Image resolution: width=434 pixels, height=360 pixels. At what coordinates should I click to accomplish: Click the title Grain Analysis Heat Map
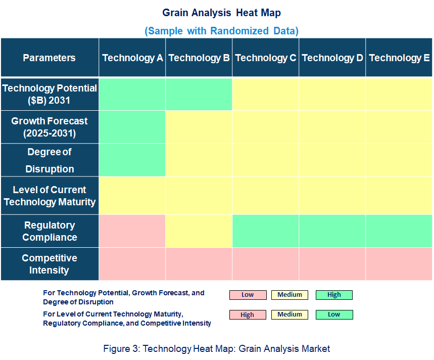pos(221,13)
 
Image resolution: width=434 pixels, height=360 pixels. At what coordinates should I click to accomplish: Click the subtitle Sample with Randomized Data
pos(221,31)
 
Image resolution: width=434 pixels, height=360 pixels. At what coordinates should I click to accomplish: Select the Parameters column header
pos(49,58)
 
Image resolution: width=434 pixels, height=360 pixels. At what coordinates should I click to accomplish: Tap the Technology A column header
pos(132,58)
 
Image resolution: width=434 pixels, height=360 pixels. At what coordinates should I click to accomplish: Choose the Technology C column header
pos(266,58)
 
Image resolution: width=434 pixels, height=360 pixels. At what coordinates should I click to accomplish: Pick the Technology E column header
pos(399,58)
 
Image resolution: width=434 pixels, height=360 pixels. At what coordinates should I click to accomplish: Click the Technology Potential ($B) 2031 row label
pos(49,94)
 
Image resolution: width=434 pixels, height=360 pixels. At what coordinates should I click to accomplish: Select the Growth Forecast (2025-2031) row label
pos(49,127)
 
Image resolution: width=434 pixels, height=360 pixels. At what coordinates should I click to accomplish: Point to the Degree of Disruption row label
pos(49,160)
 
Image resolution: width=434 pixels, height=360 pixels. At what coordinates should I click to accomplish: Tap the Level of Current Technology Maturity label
pos(49,196)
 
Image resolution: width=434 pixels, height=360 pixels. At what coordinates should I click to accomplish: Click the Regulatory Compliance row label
pos(49,231)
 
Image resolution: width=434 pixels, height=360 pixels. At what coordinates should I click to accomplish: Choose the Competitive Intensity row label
pos(49,264)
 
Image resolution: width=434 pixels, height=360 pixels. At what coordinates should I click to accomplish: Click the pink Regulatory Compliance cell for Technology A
pos(132,231)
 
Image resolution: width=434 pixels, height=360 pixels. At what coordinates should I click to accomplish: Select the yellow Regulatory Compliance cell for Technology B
pos(199,231)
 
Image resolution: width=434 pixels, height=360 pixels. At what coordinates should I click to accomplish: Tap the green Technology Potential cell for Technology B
pos(199,94)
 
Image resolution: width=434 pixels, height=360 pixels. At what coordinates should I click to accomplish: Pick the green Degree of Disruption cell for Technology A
pos(132,160)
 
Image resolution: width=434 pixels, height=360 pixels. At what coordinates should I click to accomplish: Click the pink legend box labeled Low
pos(248,295)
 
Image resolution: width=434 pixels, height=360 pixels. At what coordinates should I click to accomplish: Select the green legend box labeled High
pos(334,295)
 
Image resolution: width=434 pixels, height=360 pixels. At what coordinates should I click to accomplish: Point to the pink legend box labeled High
pos(248,314)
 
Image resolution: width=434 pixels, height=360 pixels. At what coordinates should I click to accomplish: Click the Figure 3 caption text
pos(216,348)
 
